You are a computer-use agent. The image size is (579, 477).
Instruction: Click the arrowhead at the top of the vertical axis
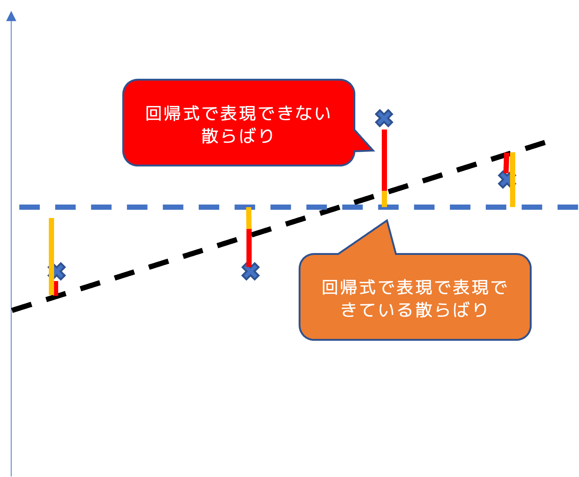click(11, 16)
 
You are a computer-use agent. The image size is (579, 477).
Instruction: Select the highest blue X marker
click(384, 118)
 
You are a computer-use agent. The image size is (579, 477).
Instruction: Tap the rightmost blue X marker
click(506, 180)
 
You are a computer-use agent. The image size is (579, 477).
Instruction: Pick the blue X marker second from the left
click(251, 271)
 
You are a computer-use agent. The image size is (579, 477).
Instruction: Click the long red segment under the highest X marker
click(384, 160)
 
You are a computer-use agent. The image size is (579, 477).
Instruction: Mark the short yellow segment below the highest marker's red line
click(384, 199)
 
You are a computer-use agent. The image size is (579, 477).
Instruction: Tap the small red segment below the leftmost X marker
click(56, 288)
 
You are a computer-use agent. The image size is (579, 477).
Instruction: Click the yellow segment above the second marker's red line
click(249, 218)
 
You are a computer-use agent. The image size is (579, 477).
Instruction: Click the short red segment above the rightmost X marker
click(506, 162)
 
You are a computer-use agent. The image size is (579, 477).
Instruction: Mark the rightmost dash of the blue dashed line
click(568, 207)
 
